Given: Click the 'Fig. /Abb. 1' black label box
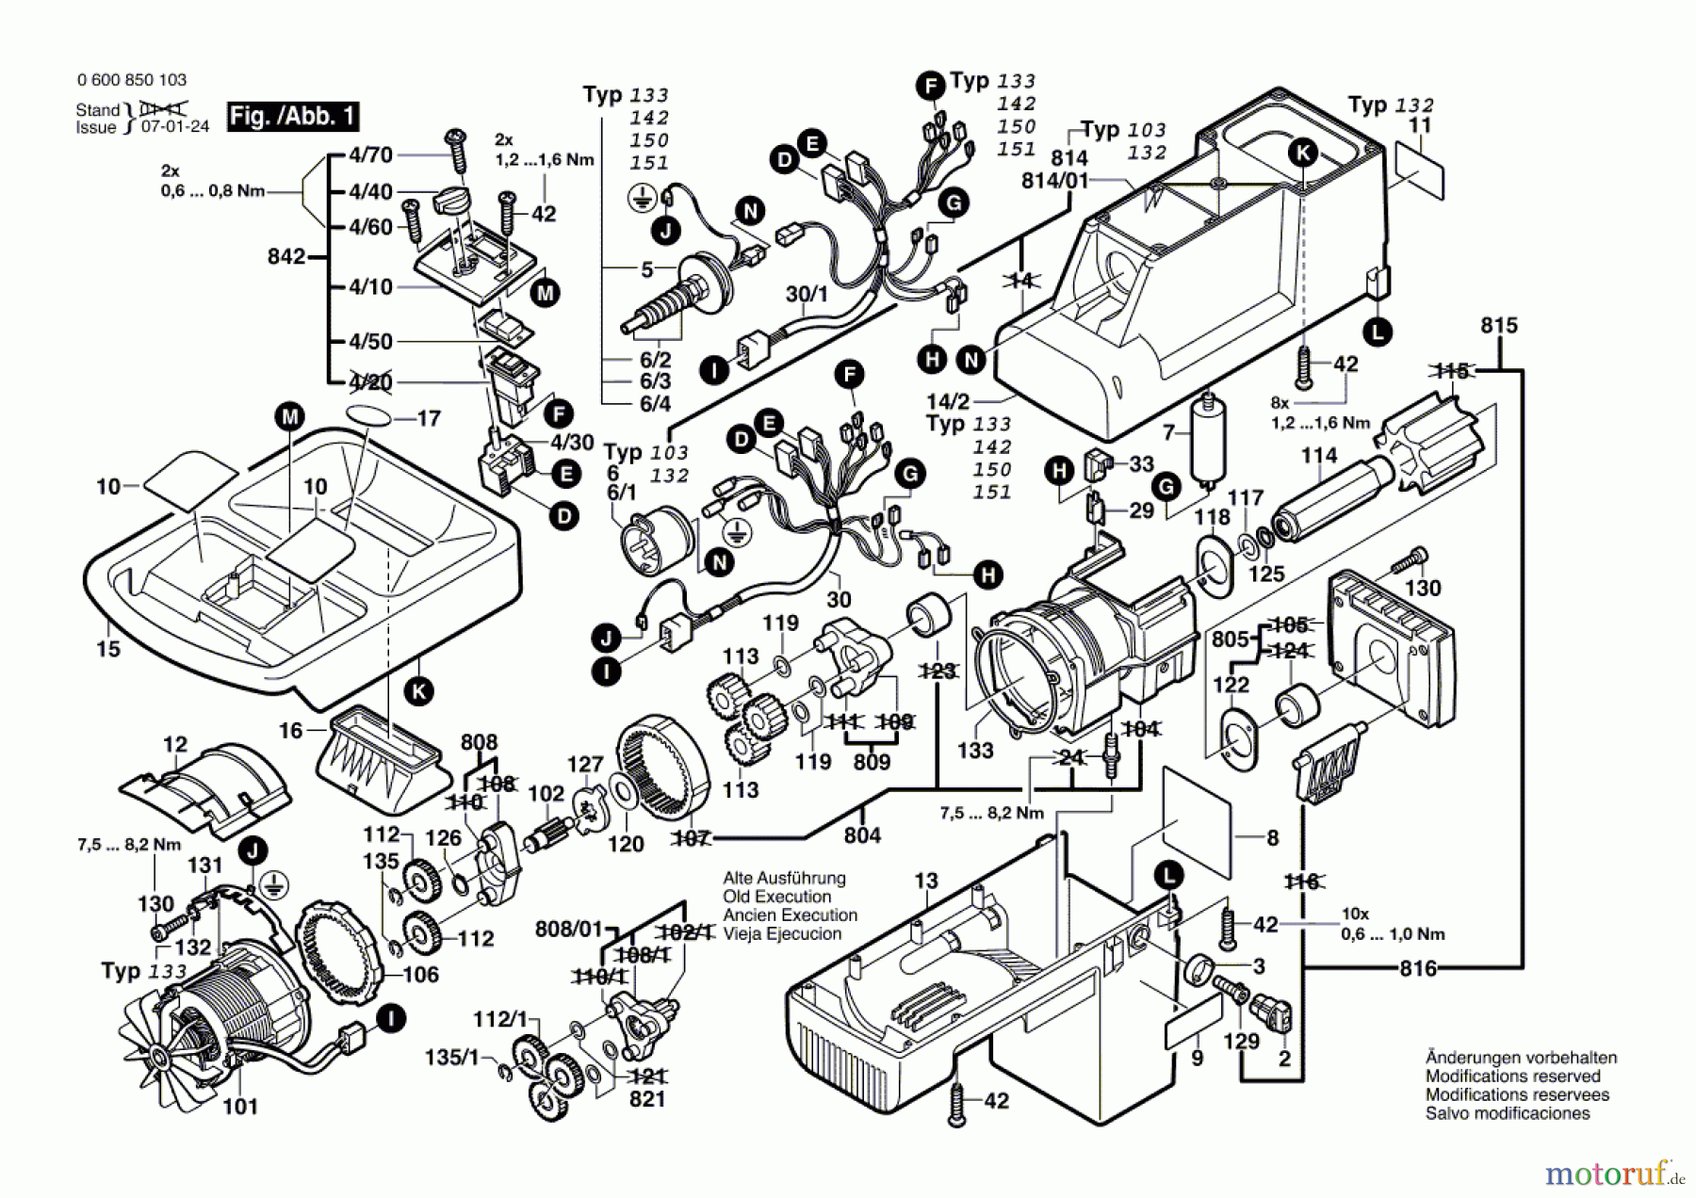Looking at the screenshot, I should click(293, 117).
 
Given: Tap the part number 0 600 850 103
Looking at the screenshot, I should click(132, 80).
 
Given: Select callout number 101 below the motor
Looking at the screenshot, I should click(240, 1106).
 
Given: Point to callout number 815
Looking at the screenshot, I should click(1498, 326).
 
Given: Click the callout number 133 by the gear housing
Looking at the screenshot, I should click(975, 751).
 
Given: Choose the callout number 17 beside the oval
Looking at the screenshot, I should click(429, 418).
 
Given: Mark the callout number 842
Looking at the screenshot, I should click(286, 256).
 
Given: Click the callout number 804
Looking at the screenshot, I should click(862, 835).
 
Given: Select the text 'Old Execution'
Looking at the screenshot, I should click(776, 897).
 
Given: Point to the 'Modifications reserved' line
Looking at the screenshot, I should click(1512, 1076).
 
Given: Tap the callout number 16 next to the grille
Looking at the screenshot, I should click(290, 730).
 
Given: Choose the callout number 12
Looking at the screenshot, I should click(175, 745).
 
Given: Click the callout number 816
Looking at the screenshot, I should click(1418, 968).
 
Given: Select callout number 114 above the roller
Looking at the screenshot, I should click(1319, 456).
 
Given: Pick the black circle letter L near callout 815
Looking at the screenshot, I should click(1378, 332).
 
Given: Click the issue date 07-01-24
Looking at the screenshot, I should click(175, 127).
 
